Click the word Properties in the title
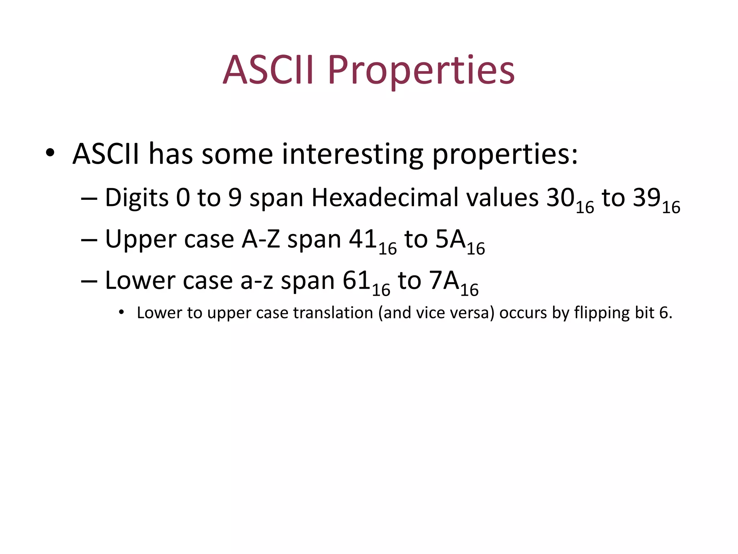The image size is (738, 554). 421,70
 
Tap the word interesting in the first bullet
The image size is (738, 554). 352,154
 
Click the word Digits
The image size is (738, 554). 137,198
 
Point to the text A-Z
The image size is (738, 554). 261,239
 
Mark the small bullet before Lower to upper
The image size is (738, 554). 121,312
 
